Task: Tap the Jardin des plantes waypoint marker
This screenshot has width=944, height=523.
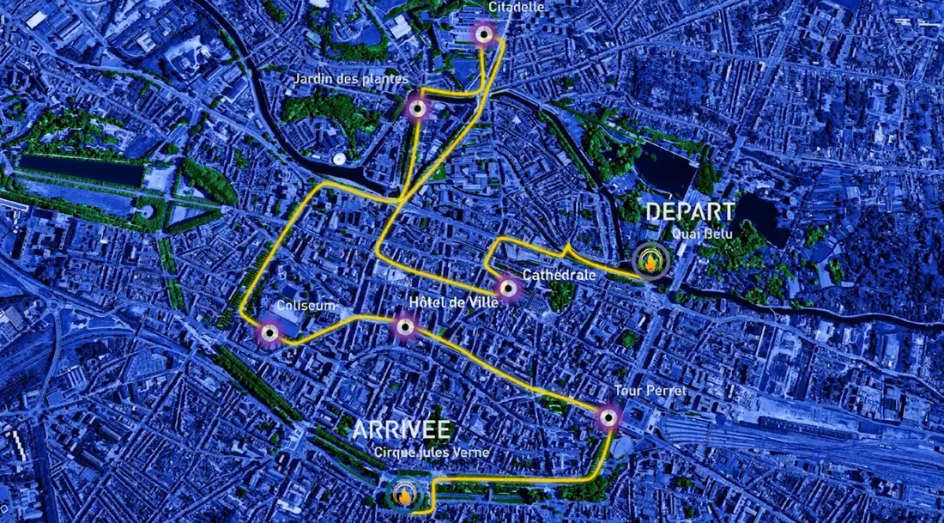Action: click(x=417, y=108)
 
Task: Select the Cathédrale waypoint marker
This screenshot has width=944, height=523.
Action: click(x=508, y=289)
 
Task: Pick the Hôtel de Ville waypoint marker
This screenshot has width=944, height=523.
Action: click(x=405, y=325)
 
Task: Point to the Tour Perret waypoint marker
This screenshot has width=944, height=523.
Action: click(x=608, y=418)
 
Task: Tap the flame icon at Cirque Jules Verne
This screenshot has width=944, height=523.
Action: click(x=403, y=494)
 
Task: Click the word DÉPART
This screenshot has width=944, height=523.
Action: click(x=690, y=211)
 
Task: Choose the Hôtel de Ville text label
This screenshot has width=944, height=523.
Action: click(x=443, y=301)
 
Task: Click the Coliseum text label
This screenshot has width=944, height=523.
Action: click(x=306, y=306)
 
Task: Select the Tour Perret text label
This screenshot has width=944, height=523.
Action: click(x=651, y=391)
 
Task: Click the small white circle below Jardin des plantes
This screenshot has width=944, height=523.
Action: click(x=340, y=159)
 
